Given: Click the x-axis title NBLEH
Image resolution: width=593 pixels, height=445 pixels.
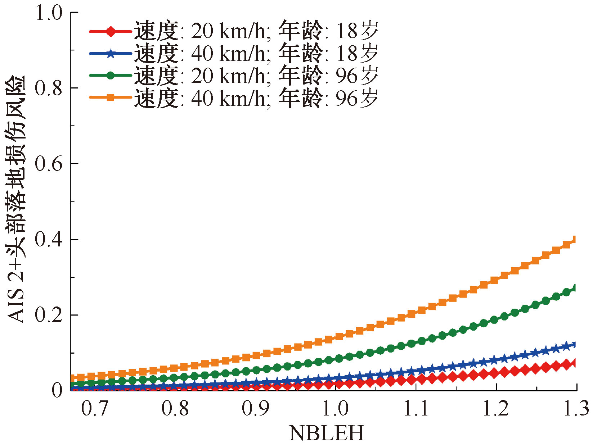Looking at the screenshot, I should (x=327, y=433).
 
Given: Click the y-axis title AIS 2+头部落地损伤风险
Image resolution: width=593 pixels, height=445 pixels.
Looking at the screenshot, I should (x=16, y=199).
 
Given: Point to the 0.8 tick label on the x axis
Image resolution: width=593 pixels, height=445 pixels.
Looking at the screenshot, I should (x=175, y=409).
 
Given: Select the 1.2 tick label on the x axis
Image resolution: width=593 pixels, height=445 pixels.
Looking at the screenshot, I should (x=496, y=409).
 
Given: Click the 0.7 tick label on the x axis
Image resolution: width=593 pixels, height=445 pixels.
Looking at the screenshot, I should (x=95, y=409).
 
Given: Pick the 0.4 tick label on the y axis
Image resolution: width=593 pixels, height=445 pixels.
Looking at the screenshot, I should (x=49, y=239).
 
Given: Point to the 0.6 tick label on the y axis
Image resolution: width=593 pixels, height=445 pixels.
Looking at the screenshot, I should (x=49, y=163).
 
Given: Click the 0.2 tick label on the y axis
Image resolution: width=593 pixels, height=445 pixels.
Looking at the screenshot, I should (x=49, y=315).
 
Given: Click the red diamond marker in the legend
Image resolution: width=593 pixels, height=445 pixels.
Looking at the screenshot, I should (x=111, y=32).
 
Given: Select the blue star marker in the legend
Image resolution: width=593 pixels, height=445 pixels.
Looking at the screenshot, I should (x=111, y=54).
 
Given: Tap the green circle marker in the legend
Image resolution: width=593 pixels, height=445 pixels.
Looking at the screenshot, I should (x=111, y=75).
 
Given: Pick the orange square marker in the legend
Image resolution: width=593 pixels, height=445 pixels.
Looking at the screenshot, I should (x=111, y=97).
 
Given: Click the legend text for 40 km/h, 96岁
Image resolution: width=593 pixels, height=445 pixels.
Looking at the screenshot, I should (x=256, y=97).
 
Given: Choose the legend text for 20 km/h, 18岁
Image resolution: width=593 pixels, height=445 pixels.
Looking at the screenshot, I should (x=256, y=31).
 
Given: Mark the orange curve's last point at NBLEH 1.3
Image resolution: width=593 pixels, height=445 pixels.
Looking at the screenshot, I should (x=576, y=240).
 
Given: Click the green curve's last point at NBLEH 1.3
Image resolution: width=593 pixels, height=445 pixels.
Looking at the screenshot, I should (x=576, y=288).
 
